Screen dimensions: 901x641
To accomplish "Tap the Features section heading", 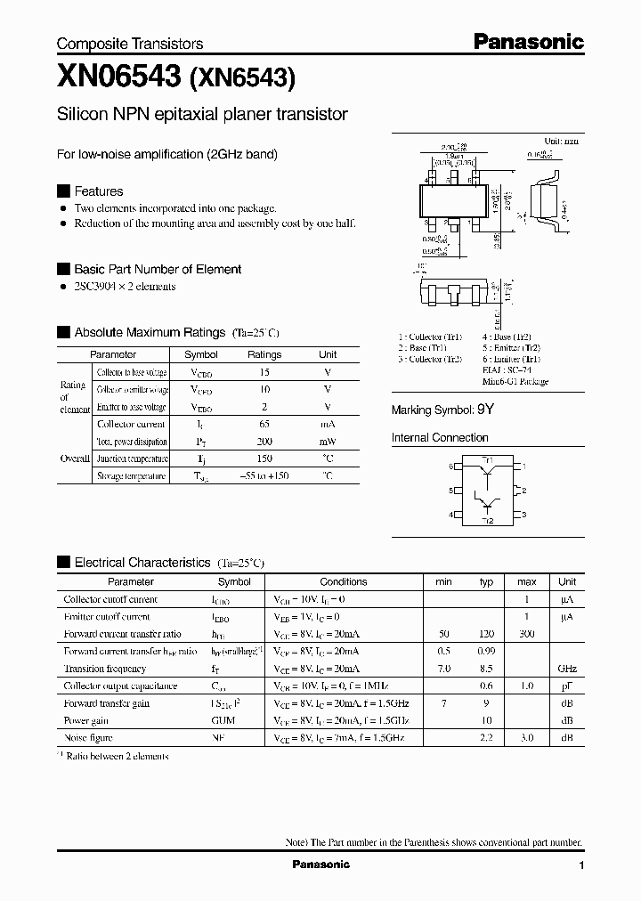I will (98, 191).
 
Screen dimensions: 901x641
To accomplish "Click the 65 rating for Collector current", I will (264, 425).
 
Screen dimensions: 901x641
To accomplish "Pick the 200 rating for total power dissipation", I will (264, 442).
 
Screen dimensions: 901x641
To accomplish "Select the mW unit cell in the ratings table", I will (328, 442).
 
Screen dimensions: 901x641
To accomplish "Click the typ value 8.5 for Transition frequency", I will (486, 669).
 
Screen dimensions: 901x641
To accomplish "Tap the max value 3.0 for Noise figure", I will (527, 737).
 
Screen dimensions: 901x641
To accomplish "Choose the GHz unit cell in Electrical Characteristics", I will (566, 669).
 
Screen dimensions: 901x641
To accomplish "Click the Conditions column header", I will (343, 581).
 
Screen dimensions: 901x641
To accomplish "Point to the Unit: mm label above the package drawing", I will (561, 141).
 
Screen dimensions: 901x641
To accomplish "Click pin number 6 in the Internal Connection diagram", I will (451, 467).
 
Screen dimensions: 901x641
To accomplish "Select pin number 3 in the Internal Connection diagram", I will (524, 515).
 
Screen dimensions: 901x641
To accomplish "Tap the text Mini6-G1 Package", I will (515, 381).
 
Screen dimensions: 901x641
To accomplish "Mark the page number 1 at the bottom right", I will (580, 864).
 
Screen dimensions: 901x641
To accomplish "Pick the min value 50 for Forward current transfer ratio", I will (443, 634).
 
